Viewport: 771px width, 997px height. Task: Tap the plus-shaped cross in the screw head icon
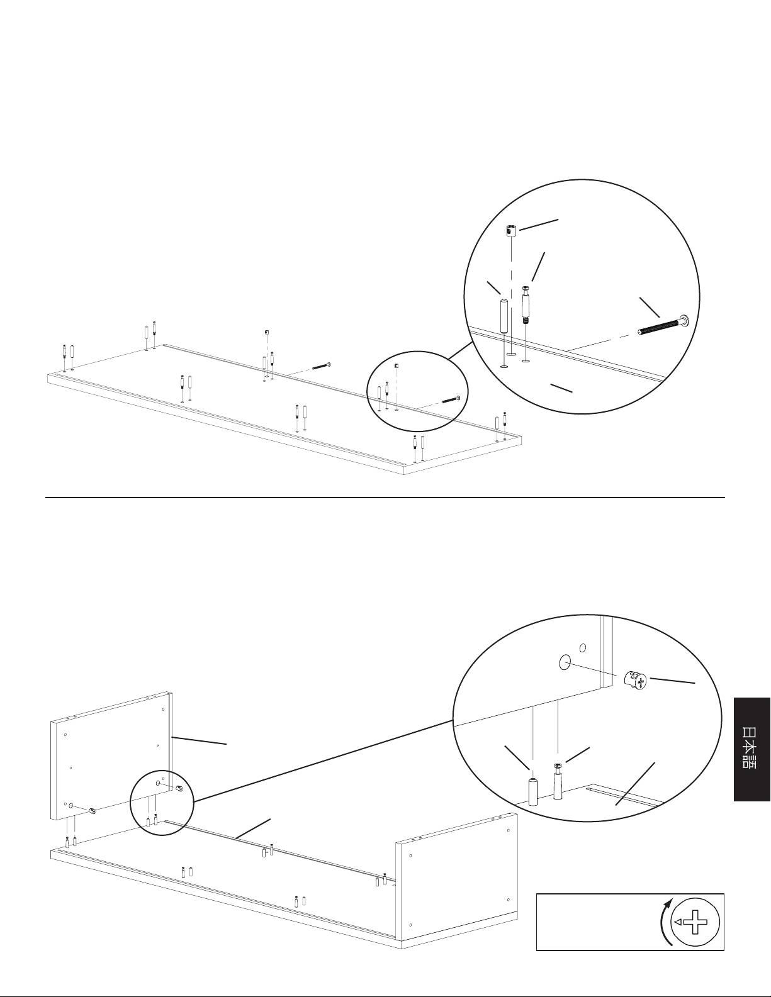(x=695, y=922)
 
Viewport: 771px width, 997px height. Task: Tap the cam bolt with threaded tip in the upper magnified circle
(x=526, y=304)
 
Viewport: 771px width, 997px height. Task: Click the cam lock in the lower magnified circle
(x=635, y=679)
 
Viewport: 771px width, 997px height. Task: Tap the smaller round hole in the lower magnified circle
(x=583, y=648)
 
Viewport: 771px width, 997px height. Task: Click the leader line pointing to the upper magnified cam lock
(x=539, y=225)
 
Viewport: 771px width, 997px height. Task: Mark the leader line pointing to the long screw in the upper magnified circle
(x=650, y=307)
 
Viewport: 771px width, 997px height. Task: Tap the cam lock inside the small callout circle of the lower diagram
(x=179, y=789)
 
